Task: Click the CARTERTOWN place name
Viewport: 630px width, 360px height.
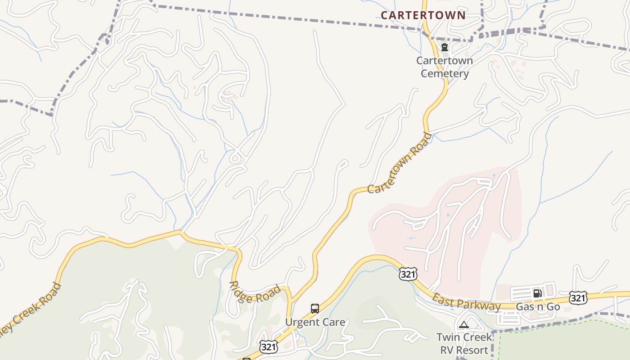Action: [423, 15]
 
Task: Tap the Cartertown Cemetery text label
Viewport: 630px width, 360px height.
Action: [445, 67]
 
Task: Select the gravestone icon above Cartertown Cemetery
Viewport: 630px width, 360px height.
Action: [445, 48]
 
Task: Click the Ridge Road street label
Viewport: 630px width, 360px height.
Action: [255, 292]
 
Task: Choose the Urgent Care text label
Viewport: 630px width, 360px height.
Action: [315, 322]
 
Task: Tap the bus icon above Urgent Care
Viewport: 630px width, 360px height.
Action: [315, 309]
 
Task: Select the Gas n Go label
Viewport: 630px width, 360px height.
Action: [537, 307]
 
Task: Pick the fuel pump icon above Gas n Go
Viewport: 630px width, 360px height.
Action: [537, 293]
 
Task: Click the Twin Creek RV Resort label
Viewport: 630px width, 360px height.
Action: [464, 343]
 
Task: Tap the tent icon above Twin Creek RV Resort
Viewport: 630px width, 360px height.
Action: [464, 325]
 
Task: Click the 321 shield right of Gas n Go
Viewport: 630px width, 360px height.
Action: [578, 297]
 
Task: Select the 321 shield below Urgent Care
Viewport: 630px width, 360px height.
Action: [269, 346]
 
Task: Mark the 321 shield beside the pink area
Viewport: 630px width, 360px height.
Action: [408, 274]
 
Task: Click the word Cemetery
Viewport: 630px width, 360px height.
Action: [445, 74]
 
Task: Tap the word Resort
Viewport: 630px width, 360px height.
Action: [470, 350]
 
